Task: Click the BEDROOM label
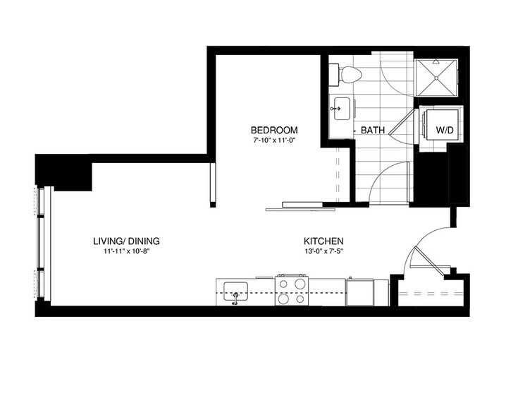(274, 131)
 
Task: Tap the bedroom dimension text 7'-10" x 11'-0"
(274, 141)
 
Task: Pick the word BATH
(372, 131)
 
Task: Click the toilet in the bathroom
(350, 73)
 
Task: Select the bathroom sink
(338, 109)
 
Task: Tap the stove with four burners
(292, 290)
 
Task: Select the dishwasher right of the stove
(361, 291)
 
